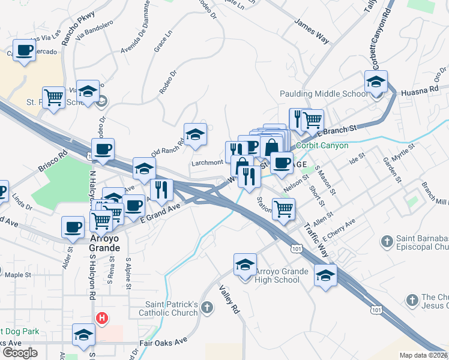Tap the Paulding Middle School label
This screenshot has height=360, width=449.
(324, 94)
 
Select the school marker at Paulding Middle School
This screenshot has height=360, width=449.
(376, 82)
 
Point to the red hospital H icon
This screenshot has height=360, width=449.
(103, 318)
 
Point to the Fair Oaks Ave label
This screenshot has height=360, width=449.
(164, 344)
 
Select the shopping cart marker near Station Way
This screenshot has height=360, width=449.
(283, 209)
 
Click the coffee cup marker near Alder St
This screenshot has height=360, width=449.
(73, 227)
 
